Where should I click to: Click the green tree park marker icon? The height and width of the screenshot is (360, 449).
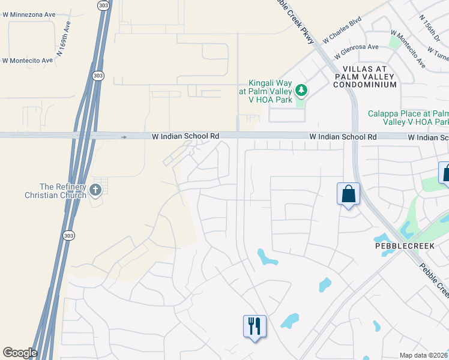(x=301, y=91)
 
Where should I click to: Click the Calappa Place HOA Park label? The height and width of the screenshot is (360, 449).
(x=408, y=118)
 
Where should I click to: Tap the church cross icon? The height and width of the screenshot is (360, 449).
(x=95, y=190)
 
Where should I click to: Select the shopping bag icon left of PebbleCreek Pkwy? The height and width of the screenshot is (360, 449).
(x=348, y=194)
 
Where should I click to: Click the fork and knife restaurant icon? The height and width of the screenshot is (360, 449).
(x=255, y=326)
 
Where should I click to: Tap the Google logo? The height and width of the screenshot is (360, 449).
(x=20, y=353)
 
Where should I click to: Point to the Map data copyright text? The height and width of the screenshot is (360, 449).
(x=423, y=355)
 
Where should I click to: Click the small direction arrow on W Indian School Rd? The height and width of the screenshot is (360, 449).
(x=124, y=137)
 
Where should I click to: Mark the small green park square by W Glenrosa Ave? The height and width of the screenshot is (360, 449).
(x=394, y=42)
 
